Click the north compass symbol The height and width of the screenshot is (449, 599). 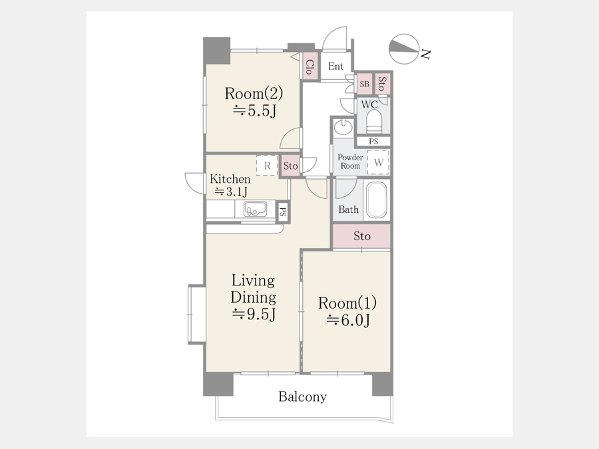404,49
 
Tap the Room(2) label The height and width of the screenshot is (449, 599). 254,93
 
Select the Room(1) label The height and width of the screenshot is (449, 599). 347,303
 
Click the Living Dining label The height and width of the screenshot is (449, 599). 254,289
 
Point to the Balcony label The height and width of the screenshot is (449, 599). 303,396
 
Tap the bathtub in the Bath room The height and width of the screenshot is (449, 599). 377,200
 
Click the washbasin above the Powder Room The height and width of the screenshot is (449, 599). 343,127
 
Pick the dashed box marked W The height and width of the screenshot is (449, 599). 378,162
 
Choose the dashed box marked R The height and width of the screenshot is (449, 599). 267,166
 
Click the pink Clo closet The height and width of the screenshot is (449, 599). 310,67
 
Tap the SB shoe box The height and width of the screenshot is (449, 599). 365,84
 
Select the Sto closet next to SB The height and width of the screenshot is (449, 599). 382,84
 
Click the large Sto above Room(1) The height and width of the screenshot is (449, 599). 361,236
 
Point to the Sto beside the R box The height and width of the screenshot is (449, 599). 290,166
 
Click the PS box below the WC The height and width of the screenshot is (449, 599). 373,141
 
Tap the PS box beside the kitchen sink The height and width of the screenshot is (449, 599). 283,212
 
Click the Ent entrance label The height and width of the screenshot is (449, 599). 336,67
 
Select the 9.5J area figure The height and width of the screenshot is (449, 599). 254,314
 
